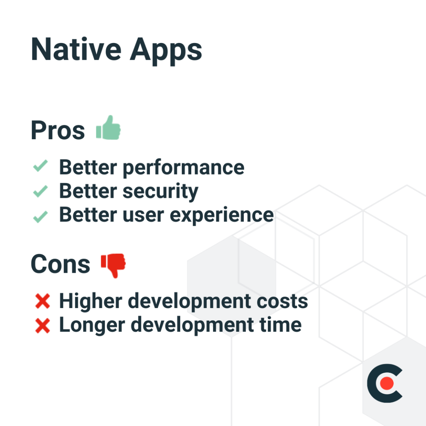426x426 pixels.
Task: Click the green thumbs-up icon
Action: point(109,128)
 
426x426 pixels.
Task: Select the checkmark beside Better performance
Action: point(40,167)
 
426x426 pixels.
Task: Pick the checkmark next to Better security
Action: point(40,191)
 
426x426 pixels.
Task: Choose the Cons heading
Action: point(60,264)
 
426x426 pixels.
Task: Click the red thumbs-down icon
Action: point(113,265)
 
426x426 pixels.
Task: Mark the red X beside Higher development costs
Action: point(42,301)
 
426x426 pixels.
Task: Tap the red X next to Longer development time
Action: point(42,326)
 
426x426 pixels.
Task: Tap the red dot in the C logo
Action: point(386,383)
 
